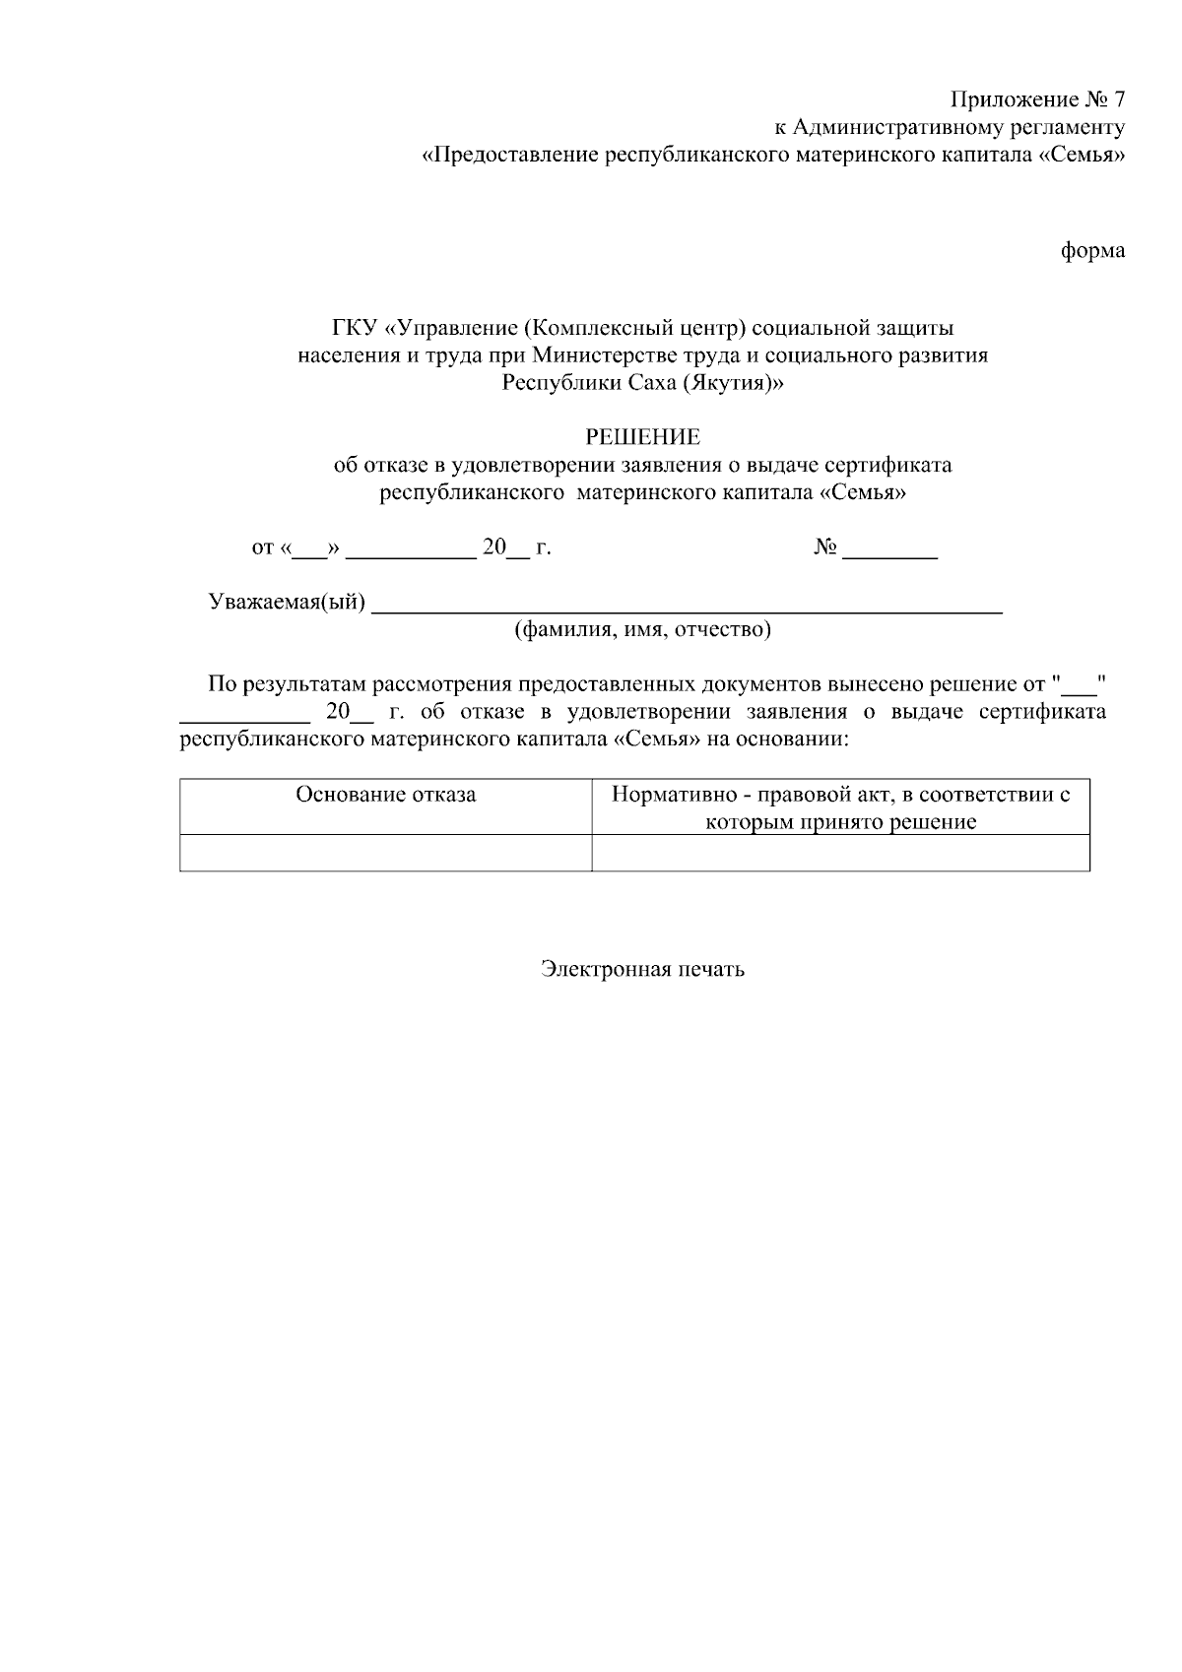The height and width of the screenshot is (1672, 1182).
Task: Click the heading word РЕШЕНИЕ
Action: pyautogui.click(x=642, y=436)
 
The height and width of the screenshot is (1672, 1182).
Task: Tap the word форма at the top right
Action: pyautogui.click(x=1092, y=251)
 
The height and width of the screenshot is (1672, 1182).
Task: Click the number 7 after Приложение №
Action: pyautogui.click(x=1117, y=99)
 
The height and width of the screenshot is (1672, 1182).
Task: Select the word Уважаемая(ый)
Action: pyautogui.click(x=287, y=603)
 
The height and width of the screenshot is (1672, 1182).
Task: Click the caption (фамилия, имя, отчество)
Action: pyautogui.click(x=642, y=629)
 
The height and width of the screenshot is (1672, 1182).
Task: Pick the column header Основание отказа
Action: pyautogui.click(x=385, y=795)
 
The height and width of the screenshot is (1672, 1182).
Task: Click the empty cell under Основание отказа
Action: pyautogui.click(x=385, y=853)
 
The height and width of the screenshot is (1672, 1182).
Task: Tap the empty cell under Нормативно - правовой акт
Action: pyautogui.click(x=840, y=853)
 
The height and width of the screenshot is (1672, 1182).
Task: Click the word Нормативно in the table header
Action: pyautogui.click(x=669, y=795)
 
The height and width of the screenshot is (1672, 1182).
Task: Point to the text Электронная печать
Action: pyautogui.click(x=642, y=969)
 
